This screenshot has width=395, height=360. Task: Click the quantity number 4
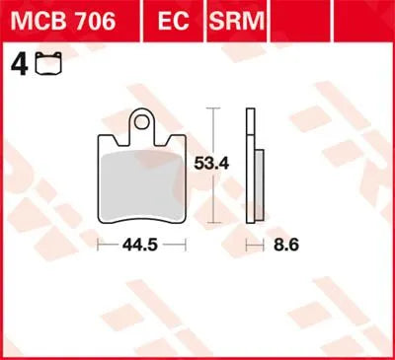[x=16, y=66]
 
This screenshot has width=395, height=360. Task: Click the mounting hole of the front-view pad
[x=146, y=124]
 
